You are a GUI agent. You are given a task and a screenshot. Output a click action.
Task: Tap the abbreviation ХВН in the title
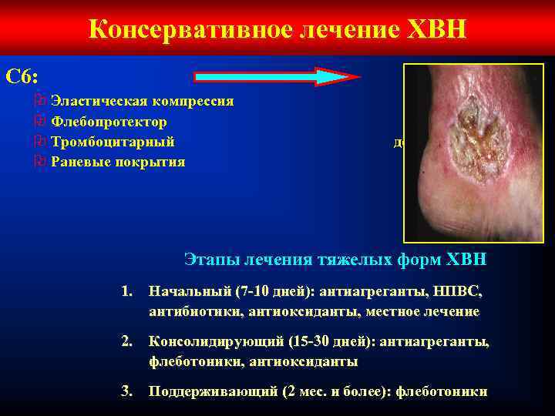[x=431, y=29]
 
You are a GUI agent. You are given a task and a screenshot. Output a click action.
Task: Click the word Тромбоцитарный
[x=113, y=142]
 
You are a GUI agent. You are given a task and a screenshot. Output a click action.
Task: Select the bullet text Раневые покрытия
[x=117, y=162]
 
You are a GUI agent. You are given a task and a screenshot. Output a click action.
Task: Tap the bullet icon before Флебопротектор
[x=41, y=122]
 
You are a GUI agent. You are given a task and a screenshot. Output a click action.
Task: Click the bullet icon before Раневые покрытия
[x=41, y=162]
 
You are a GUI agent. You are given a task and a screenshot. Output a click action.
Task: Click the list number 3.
[x=128, y=391]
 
